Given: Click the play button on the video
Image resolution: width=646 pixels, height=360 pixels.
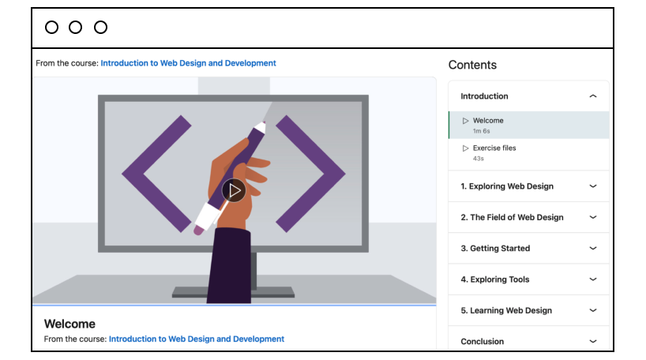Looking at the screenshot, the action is point(234,190).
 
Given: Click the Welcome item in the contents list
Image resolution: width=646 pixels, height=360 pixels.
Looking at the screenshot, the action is point(488,121).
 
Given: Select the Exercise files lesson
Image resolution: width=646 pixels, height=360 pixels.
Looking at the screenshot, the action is point(494,148).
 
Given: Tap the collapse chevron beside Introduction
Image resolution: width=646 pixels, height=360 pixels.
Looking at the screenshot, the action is point(593,96).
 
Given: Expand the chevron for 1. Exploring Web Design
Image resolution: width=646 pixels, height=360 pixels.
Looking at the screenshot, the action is point(593,186).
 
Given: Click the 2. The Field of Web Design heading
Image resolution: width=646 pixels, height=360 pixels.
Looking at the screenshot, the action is point(512,217).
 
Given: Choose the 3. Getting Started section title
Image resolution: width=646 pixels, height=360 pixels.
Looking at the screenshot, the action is point(495,249).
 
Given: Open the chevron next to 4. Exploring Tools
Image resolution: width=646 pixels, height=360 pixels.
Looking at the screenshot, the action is point(593,279).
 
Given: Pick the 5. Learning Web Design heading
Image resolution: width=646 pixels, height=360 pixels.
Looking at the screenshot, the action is point(506,310).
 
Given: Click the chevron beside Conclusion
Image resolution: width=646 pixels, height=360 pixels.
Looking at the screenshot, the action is point(593,342).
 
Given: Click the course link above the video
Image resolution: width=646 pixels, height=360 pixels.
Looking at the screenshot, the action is point(188,63).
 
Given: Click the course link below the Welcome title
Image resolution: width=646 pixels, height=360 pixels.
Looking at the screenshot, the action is point(197,339).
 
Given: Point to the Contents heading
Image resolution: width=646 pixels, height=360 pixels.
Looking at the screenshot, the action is point(472,65).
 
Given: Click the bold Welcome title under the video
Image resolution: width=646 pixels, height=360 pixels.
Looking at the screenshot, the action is point(69,324).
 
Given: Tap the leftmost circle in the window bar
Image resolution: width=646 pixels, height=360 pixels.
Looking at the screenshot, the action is point(51,27).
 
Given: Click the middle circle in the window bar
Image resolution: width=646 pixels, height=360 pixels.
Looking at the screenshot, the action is point(75,27).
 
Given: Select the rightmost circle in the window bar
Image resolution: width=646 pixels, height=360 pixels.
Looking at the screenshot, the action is point(100,27).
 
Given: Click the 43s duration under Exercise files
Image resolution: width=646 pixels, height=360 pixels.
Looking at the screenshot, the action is point(479,159).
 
